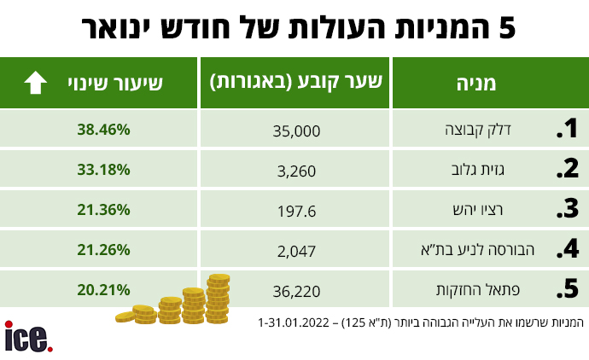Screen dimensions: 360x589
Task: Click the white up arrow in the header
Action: [35, 83]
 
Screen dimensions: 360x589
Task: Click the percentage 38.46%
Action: [102, 130]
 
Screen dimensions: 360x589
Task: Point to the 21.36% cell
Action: [102, 209]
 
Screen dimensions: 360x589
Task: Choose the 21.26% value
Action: [102, 249]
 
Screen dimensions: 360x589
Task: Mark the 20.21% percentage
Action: [102, 289]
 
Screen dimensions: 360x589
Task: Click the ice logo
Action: [28, 335]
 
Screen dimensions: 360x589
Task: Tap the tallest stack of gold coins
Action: [219, 298]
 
